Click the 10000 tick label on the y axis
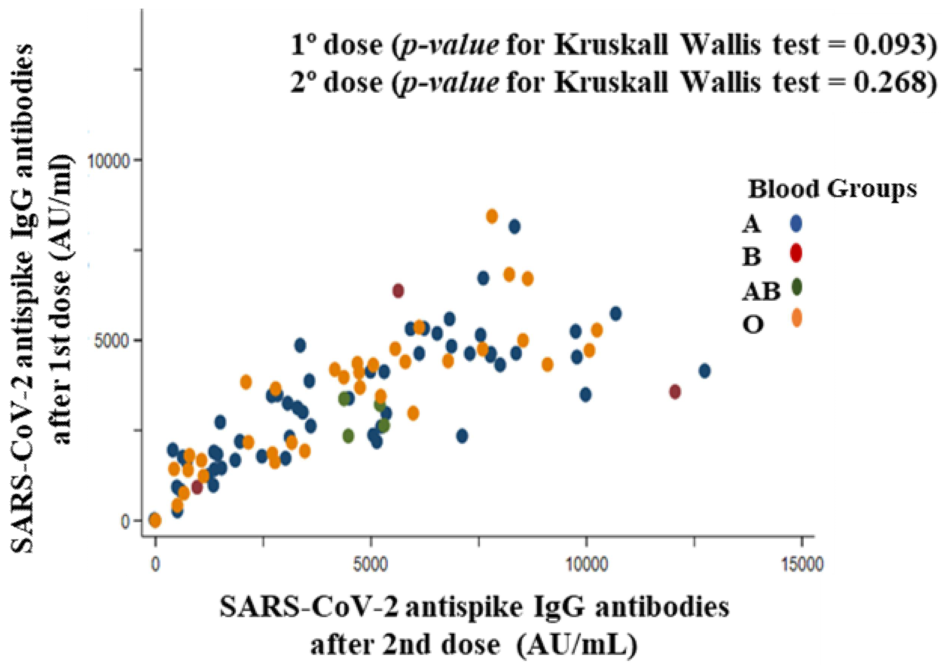108,161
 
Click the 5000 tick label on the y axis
112,341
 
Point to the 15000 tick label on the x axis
802,564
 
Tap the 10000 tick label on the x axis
586,564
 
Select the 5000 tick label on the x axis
371,564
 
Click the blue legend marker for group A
795,223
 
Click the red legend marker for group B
795,253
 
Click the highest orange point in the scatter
492,216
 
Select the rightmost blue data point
704,371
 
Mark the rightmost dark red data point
675,391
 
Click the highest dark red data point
398,291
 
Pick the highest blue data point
515,226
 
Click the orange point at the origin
156,520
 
